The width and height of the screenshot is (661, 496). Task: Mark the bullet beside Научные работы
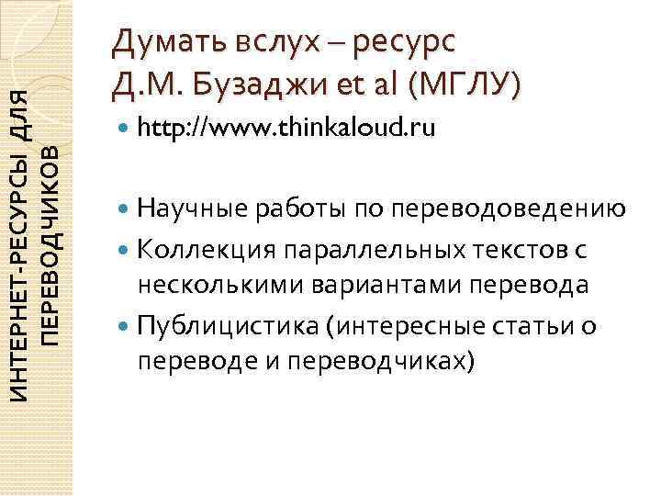[x=124, y=210]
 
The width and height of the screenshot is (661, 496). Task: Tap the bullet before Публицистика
[x=124, y=325]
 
